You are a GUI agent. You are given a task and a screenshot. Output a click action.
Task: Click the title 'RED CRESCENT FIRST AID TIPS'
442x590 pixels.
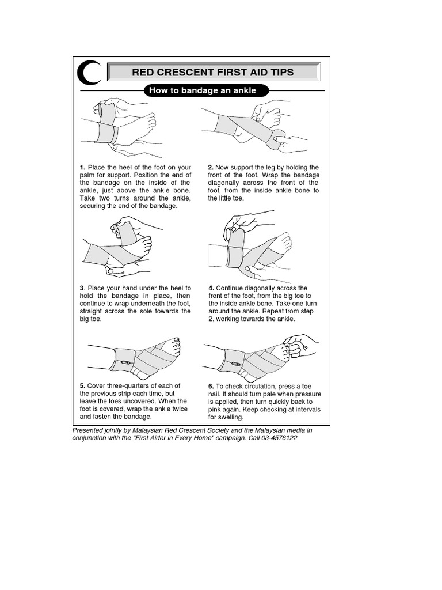213,72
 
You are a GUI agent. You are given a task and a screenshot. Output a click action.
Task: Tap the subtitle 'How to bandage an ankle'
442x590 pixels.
202,90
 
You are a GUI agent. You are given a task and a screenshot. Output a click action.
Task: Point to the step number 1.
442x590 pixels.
82,168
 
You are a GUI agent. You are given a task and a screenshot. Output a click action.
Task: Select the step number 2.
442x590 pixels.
211,168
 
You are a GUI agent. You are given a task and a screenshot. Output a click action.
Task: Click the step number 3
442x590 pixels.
82,288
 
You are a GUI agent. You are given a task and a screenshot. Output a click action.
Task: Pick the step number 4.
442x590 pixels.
211,288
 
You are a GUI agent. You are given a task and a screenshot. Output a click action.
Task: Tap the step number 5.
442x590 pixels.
82,386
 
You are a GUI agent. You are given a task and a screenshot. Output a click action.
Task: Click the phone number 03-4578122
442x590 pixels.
279,438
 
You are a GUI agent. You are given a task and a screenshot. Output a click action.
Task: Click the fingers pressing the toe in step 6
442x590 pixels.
296,348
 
